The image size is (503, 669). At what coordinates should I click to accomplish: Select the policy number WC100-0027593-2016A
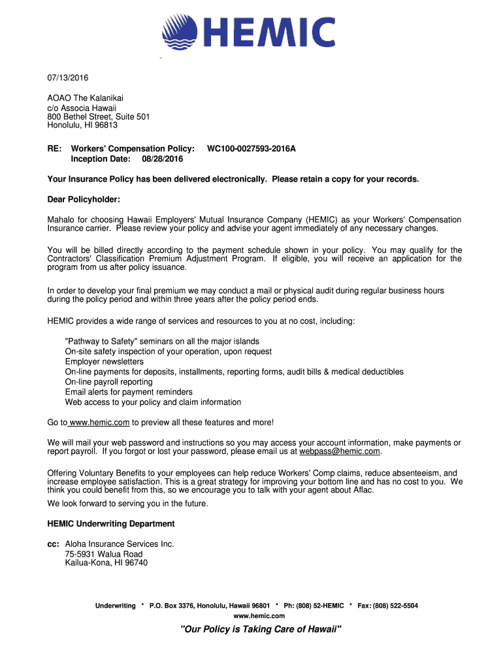click(x=251, y=149)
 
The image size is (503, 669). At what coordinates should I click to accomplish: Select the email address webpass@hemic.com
click(x=340, y=451)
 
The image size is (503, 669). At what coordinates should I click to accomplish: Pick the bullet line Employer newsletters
click(x=105, y=361)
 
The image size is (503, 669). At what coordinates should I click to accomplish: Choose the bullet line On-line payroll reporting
click(x=109, y=382)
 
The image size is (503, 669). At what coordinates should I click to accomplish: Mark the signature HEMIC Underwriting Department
click(x=111, y=524)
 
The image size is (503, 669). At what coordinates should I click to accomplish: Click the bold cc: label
click(x=54, y=544)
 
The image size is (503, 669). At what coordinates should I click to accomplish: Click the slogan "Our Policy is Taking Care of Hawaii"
click(x=261, y=629)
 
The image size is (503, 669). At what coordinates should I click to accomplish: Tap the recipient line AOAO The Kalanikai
click(x=85, y=98)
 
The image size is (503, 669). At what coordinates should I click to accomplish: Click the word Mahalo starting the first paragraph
click(x=62, y=220)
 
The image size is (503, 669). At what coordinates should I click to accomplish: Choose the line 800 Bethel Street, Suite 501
click(x=99, y=116)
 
